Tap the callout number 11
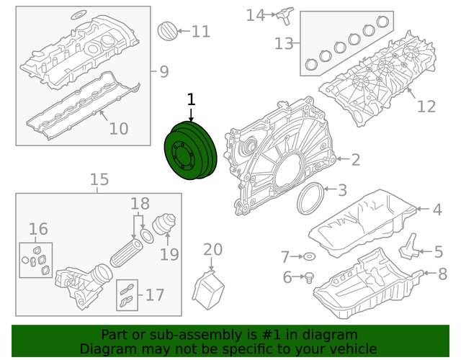(201, 32)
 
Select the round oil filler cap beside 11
(168, 31)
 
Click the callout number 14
(255, 15)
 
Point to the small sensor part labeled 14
(285, 15)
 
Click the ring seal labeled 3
(310, 199)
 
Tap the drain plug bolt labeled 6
(309, 278)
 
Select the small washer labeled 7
(309, 256)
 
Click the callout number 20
(213, 250)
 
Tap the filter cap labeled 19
(164, 224)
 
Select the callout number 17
(155, 294)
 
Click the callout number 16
(38, 229)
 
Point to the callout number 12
(426, 107)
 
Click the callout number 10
(119, 128)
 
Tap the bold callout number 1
(191, 99)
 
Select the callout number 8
(442, 274)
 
